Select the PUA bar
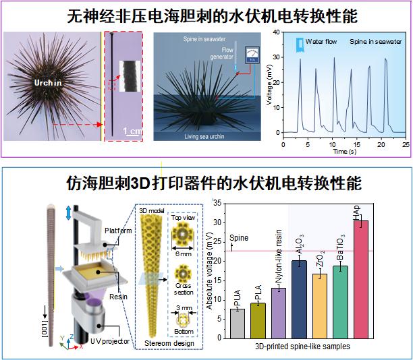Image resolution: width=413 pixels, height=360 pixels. coord(237,324)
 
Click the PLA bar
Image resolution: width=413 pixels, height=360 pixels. coord(258,321)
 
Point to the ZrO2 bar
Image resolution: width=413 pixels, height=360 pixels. coord(320,306)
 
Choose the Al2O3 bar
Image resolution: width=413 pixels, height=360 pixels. coord(299,299)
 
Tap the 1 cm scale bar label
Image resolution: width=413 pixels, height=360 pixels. coord(132,131)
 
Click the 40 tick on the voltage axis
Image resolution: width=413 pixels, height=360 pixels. coord(276,32)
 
